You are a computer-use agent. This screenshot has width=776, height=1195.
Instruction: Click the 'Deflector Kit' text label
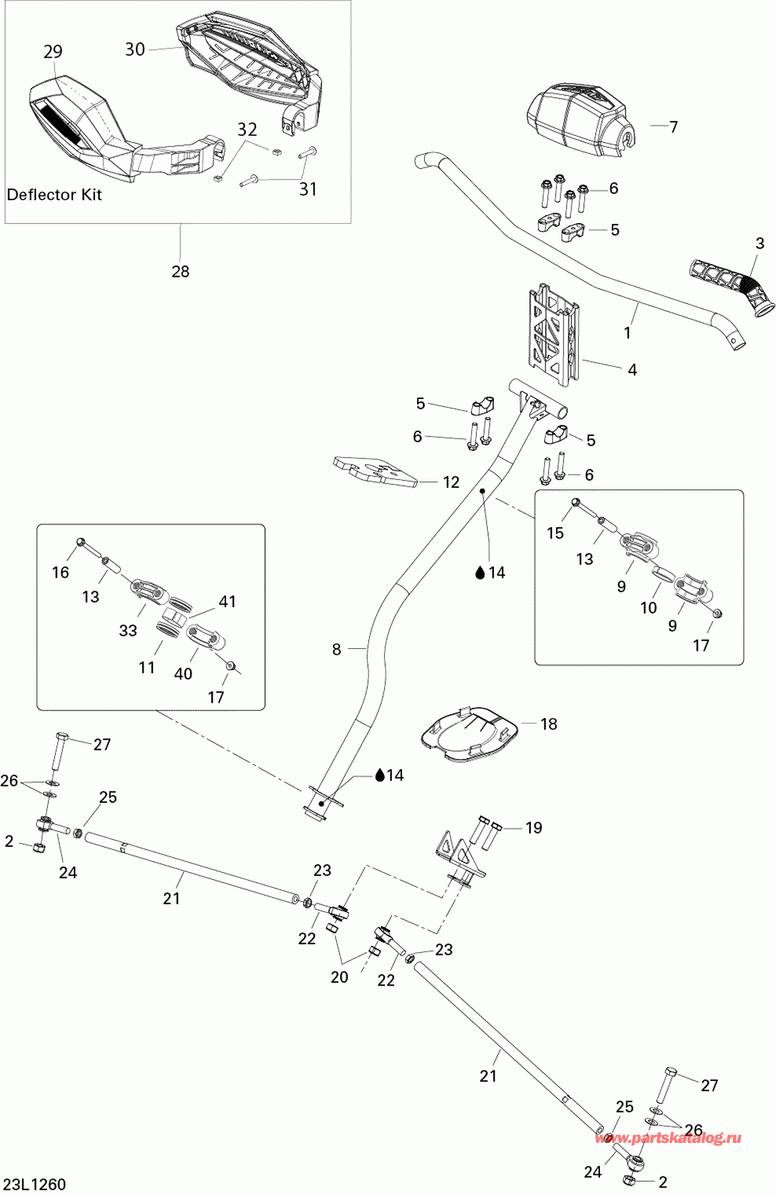coord(54,195)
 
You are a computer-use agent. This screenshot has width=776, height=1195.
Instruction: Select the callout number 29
coord(53,52)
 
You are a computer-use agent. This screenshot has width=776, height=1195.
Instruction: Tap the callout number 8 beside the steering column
coord(337,650)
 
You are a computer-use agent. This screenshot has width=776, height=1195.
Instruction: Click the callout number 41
coord(227,602)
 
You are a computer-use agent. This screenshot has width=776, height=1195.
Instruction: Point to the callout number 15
coord(555,533)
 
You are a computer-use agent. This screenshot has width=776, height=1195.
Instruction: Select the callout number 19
coord(534,828)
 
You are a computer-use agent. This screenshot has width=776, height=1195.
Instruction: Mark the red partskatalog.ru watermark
coord(668,1138)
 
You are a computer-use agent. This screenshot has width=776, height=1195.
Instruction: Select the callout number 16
coord(61,572)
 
